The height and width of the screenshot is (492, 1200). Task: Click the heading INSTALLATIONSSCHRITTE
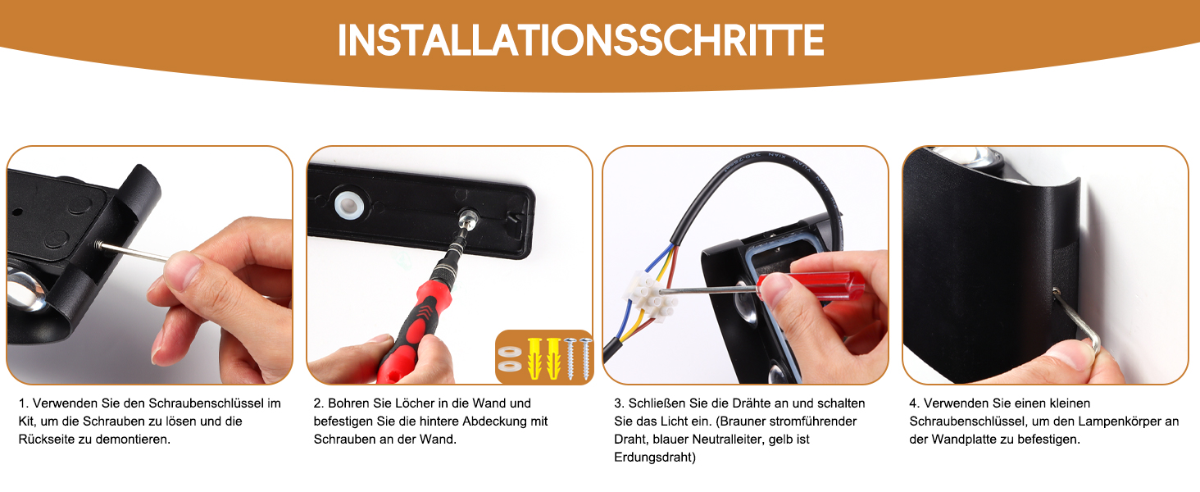pyautogui.click(x=580, y=39)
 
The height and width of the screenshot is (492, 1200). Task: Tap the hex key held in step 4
pyautogui.click(x=1078, y=321)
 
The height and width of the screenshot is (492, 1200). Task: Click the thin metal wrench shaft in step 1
pyautogui.click(x=132, y=252)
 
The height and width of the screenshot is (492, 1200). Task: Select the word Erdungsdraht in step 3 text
pyautogui.click(x=655, y=458)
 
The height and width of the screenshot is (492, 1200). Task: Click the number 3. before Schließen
pyautogui.click(x=620, y=403)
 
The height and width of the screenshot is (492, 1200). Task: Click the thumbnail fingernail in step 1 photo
pyautogui.click(x=184, y=267)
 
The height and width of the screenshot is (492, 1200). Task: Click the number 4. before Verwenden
pyautogui.click(x=915, y=403)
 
